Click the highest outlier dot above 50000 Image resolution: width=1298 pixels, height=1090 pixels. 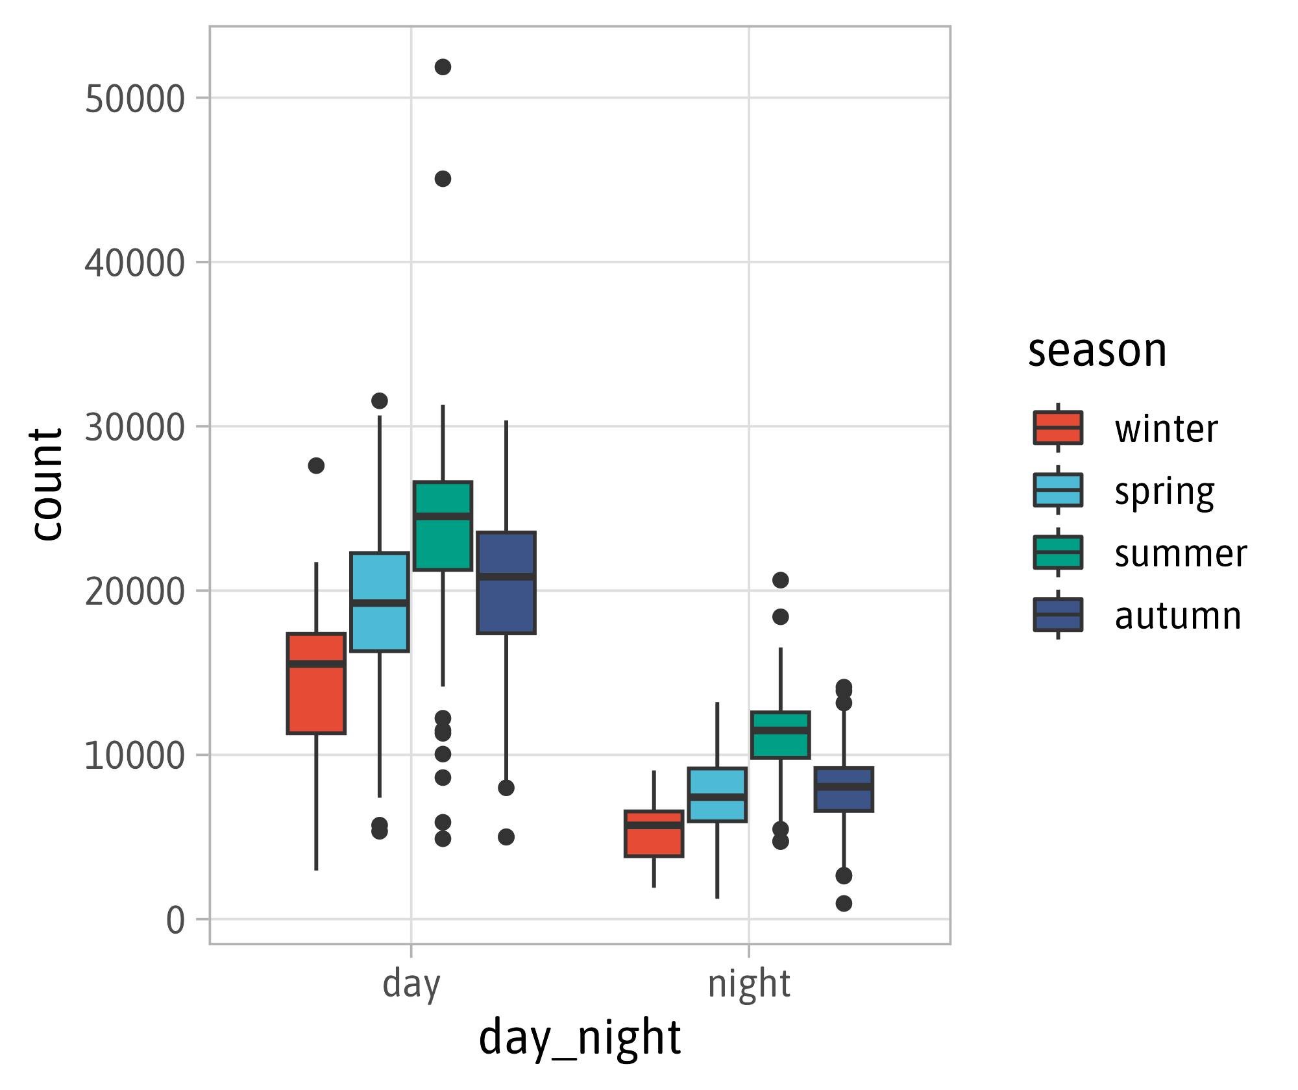(443, 67)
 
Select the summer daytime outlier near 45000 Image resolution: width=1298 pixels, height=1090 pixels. (443, 179)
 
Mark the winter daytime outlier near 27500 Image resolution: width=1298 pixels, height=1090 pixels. (316, 466)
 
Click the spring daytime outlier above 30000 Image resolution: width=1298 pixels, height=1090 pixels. (380, 401)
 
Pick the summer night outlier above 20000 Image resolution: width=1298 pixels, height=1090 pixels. (780, 580)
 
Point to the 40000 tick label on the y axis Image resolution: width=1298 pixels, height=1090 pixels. (135, 263)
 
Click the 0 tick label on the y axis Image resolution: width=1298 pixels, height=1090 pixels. (175, 920)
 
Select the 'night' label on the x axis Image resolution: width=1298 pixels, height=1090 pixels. (749, 984)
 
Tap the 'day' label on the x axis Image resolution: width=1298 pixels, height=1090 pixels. (411, 984)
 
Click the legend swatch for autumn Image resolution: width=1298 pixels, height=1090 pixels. (1058, 614)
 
